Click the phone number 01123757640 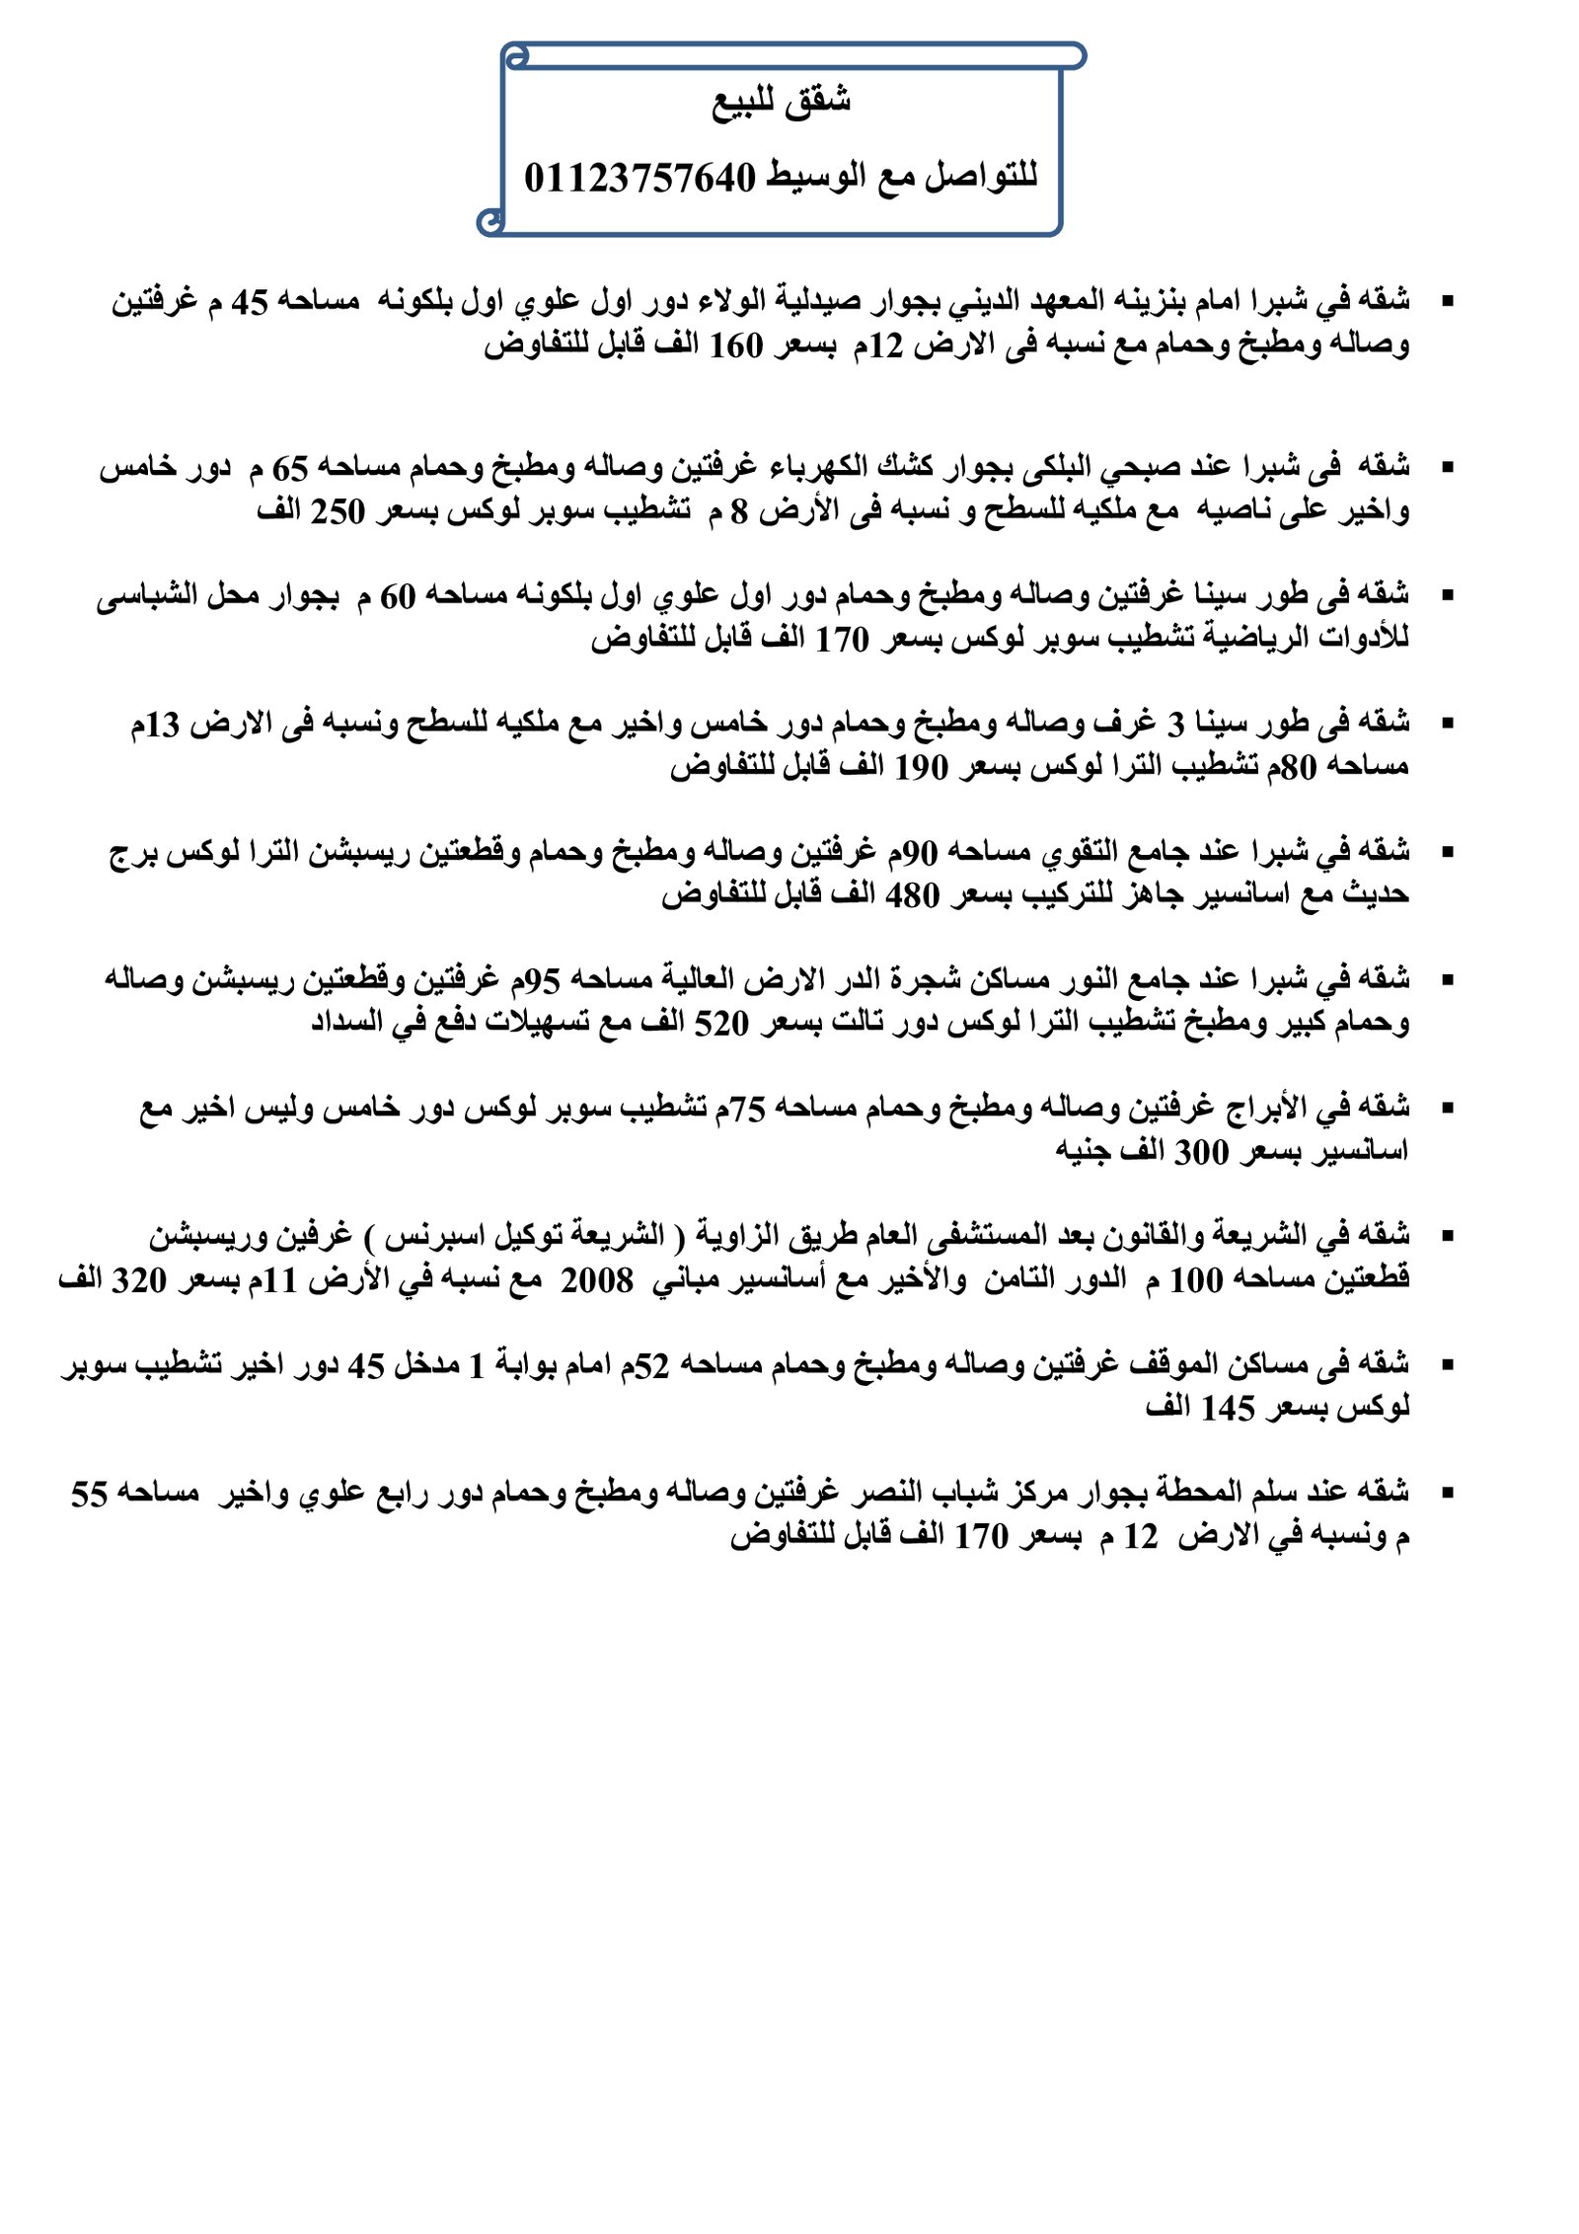point(639,179)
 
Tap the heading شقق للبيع point(782,102)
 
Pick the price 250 point(338,512)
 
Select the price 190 point(920,767)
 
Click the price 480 point(912,895)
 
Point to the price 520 point(721,1024)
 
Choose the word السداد point(347,1022)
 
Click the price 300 point(1201,1152)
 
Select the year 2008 point(597,1280)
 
